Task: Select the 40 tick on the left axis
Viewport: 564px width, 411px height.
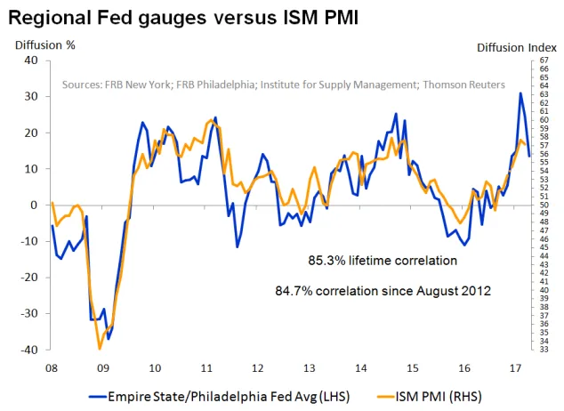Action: pos(30,60)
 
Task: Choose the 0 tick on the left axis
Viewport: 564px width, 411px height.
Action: pos(34,205)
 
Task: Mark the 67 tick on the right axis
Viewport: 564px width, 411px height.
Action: pos(543,60)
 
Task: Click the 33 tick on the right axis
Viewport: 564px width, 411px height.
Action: pos(543,350)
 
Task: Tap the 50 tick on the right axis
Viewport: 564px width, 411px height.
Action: pos(543,205)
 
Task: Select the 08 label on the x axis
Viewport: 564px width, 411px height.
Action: pos(52,367)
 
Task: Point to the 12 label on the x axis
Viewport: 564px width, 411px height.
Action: pos(257,367)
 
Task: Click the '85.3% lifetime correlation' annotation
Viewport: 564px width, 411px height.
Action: pos(383,262)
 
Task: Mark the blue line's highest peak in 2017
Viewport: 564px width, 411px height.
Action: pos(520,93)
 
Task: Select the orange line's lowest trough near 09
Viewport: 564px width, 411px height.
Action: pos(100,349)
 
